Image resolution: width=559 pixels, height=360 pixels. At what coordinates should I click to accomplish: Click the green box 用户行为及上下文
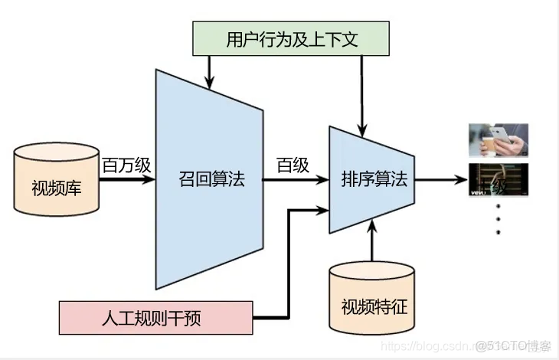click(292, 38)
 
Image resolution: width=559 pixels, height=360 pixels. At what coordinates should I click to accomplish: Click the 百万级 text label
click(127, 165)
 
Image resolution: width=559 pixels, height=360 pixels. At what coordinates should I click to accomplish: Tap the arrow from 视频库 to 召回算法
click(128, 182)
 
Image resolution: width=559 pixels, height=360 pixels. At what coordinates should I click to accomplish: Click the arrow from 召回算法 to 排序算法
click(295, 182)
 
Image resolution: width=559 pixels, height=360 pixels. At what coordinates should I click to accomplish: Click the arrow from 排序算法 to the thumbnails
click(440, 182)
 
